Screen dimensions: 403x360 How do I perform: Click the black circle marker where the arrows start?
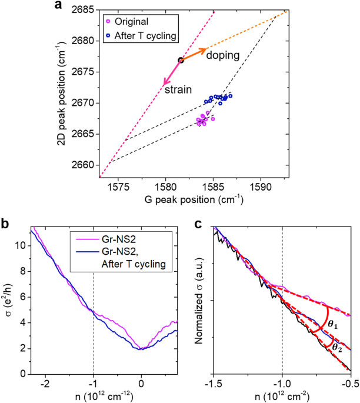pyautogui.click(x=181, y=60)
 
